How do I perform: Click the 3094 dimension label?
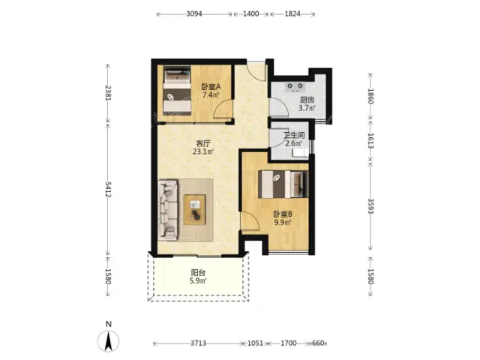(194, 13)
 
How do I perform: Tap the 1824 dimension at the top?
(292, 13)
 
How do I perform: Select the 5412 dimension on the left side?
(108, 190)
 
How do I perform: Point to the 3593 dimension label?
(370, 206)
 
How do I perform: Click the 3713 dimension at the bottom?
(198, 343)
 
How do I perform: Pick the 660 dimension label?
(318, 343)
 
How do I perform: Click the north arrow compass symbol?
(108, 340)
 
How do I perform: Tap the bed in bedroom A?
(177, 91)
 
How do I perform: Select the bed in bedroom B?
(283, 184)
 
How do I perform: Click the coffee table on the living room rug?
(195, 210)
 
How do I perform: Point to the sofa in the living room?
(168, 210)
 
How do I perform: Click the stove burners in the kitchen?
(295, 87)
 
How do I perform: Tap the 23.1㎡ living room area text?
(203, 151)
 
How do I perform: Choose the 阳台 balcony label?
(198, 272)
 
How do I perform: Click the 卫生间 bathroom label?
(294, 135)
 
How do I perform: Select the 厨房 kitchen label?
(307, 100)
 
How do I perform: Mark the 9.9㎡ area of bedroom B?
(283, 223)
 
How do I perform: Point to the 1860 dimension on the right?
(370, 96)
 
